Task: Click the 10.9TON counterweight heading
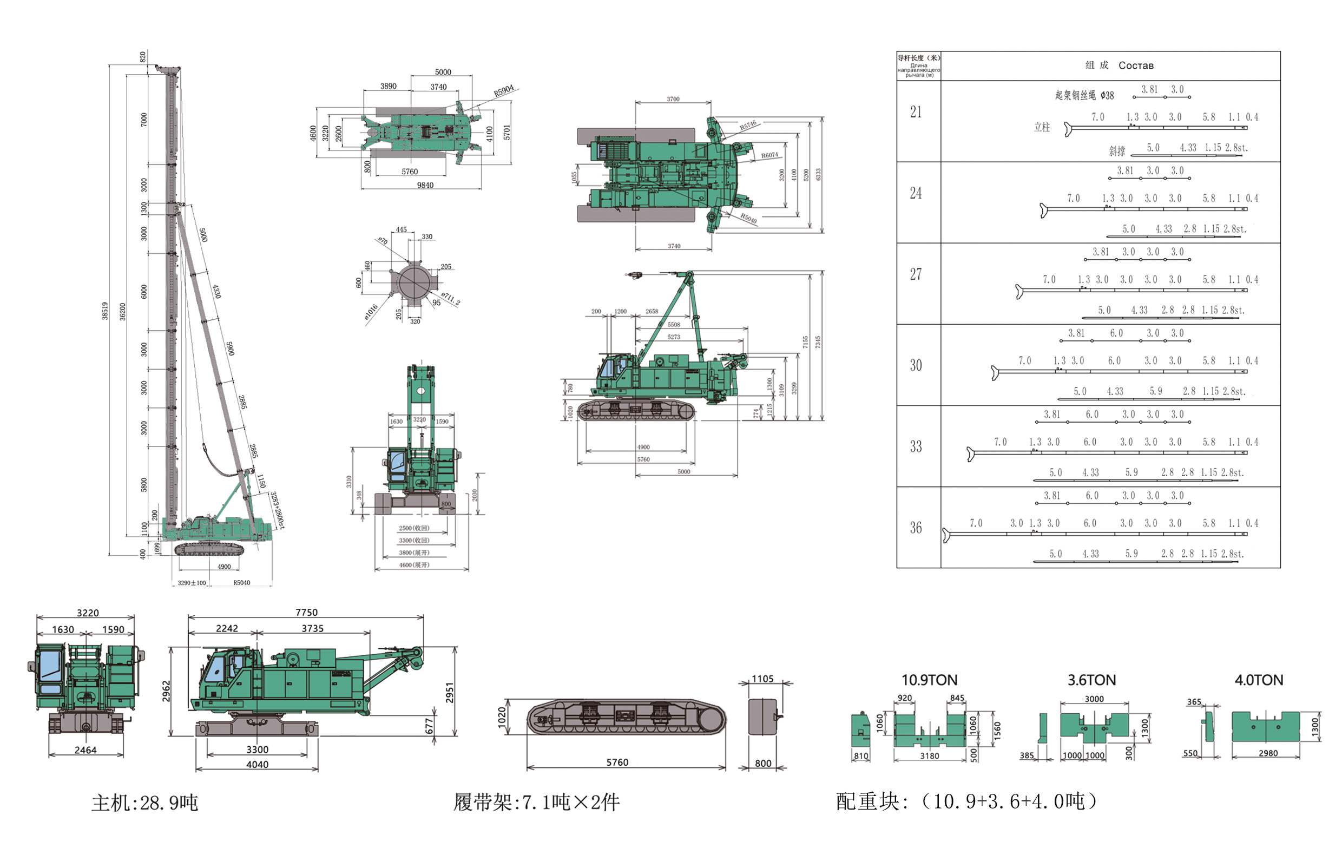(x=929, y=680)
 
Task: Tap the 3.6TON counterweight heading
(x=1091, y=680)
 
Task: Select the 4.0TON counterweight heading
(x=1259, y=680)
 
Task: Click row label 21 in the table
(x=916, y=113)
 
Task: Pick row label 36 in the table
(x=916, y=528)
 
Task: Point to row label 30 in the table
(x=916, y=365)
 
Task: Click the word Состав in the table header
(x=1136, y=65)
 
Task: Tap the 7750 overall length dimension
(x=306, y=612)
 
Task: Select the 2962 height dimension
(x=166, y=692)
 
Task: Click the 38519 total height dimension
(x=105, y=310)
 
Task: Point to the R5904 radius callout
(x=503, y=91)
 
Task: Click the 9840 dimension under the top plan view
(x=425, y=185)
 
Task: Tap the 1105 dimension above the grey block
(x=762, y=679)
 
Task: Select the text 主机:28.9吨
(x=145, y=803)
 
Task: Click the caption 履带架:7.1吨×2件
(x=536, y=803)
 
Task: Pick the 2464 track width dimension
(x=85, y=750)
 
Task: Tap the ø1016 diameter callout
(x=371, y=313)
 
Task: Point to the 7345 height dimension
(x=818, y=342)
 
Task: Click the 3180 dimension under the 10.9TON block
(x=929, y=755)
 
